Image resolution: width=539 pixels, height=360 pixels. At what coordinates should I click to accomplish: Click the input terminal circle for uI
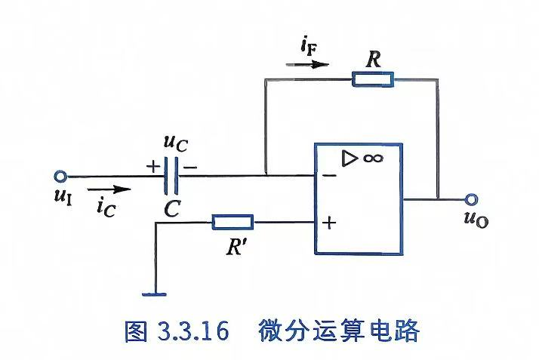(x=60, y=176)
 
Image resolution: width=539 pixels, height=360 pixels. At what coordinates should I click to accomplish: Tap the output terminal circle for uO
(x=471, y=199)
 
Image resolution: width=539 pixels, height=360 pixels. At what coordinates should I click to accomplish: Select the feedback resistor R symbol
(x=373, y=79)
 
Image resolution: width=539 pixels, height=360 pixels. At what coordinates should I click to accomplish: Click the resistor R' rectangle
(x=233, y=222)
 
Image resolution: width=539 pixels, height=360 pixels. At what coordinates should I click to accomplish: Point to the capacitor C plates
(x=171, y=176)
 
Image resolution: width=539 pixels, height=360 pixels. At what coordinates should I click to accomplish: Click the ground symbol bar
(x=154, y=294)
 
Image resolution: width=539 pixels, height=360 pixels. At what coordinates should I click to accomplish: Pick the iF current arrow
(x=307, y=64)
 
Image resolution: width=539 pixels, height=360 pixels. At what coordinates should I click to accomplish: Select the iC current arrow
(x=109, y=189)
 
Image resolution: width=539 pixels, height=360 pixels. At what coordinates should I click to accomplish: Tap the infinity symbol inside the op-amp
(x=373, y=158)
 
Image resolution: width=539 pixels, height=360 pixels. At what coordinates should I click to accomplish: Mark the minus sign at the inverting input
(x=329, y=176)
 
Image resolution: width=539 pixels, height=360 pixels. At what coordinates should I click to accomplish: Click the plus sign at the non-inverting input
(x=329, y=223)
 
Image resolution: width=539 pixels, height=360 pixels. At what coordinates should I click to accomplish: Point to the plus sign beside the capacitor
(x=153, y=167)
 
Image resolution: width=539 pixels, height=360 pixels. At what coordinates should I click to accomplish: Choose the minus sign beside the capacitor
(x=190, y=168)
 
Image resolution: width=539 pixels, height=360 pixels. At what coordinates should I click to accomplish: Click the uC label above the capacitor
(x=176, y=143)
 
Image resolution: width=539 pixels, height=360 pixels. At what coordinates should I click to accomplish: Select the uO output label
(x=476, y=219)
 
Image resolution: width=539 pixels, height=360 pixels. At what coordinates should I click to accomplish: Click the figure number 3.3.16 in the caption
(x=193, y=331)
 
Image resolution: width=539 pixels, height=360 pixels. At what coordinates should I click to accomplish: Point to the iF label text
(x=308, y=47)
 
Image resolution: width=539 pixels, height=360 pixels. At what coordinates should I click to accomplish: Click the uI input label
(x=63, y=197)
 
